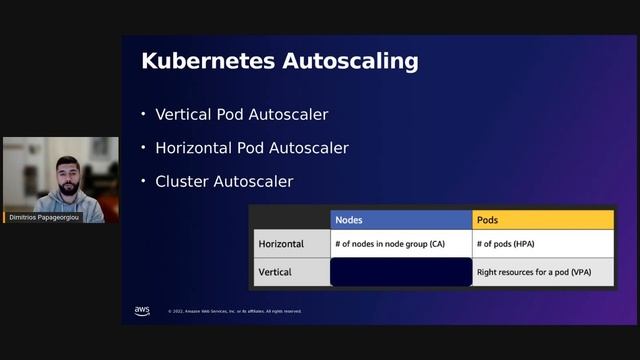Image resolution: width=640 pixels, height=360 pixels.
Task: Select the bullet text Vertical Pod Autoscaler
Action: tap(242, 114)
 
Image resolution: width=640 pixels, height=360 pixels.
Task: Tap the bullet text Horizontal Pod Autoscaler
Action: tap(252, 148)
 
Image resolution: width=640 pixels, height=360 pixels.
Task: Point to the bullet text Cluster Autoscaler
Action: tap(224, 182)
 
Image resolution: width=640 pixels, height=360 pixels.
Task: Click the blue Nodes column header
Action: tap(400, 219)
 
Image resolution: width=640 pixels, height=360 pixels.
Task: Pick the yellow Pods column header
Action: tap(542, 219)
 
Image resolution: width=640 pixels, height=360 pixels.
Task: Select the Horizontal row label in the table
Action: tap(281, 244)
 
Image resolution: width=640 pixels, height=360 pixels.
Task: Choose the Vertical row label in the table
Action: tap(275, 272)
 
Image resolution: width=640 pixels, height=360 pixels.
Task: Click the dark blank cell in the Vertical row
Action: tap(400, 272)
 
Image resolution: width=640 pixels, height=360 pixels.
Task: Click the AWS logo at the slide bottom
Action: tap(142, 310)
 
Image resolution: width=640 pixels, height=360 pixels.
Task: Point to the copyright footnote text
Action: tap(234, 311)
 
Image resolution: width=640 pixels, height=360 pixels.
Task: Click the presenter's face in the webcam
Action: tap(66, 173)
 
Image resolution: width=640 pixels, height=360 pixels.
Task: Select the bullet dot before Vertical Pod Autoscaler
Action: tap(143, 114)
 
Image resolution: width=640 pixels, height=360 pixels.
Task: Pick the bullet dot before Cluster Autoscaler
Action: tap(143, 182)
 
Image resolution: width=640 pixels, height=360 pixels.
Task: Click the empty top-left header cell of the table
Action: tap(290, 219)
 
